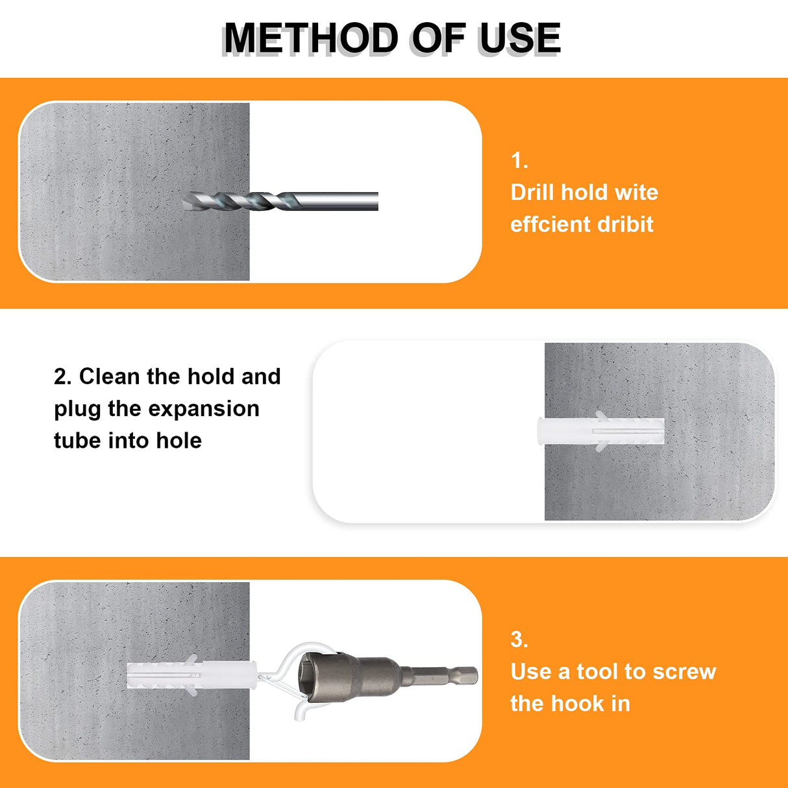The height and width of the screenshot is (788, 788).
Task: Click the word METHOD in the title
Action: pyautogui.click(x=311, y=38)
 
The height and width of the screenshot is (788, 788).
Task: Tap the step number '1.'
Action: pyautogui.click(x=519, y=160)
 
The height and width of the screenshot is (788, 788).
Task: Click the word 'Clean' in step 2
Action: pyautogui.click(x=109, y=376)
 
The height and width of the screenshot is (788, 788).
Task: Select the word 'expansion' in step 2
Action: pyautogui.click(x=204, y=410)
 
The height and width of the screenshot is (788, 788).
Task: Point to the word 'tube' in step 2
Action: pyautogui.click(x=77, y=441)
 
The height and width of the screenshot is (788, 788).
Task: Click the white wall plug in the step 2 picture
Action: pyautogui.click(x=600, y=432)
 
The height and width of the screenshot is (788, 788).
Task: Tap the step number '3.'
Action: pyautogui.click(x=519, y=639)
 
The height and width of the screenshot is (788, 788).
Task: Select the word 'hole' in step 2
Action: pyautogui.click(x=179, y=441)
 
